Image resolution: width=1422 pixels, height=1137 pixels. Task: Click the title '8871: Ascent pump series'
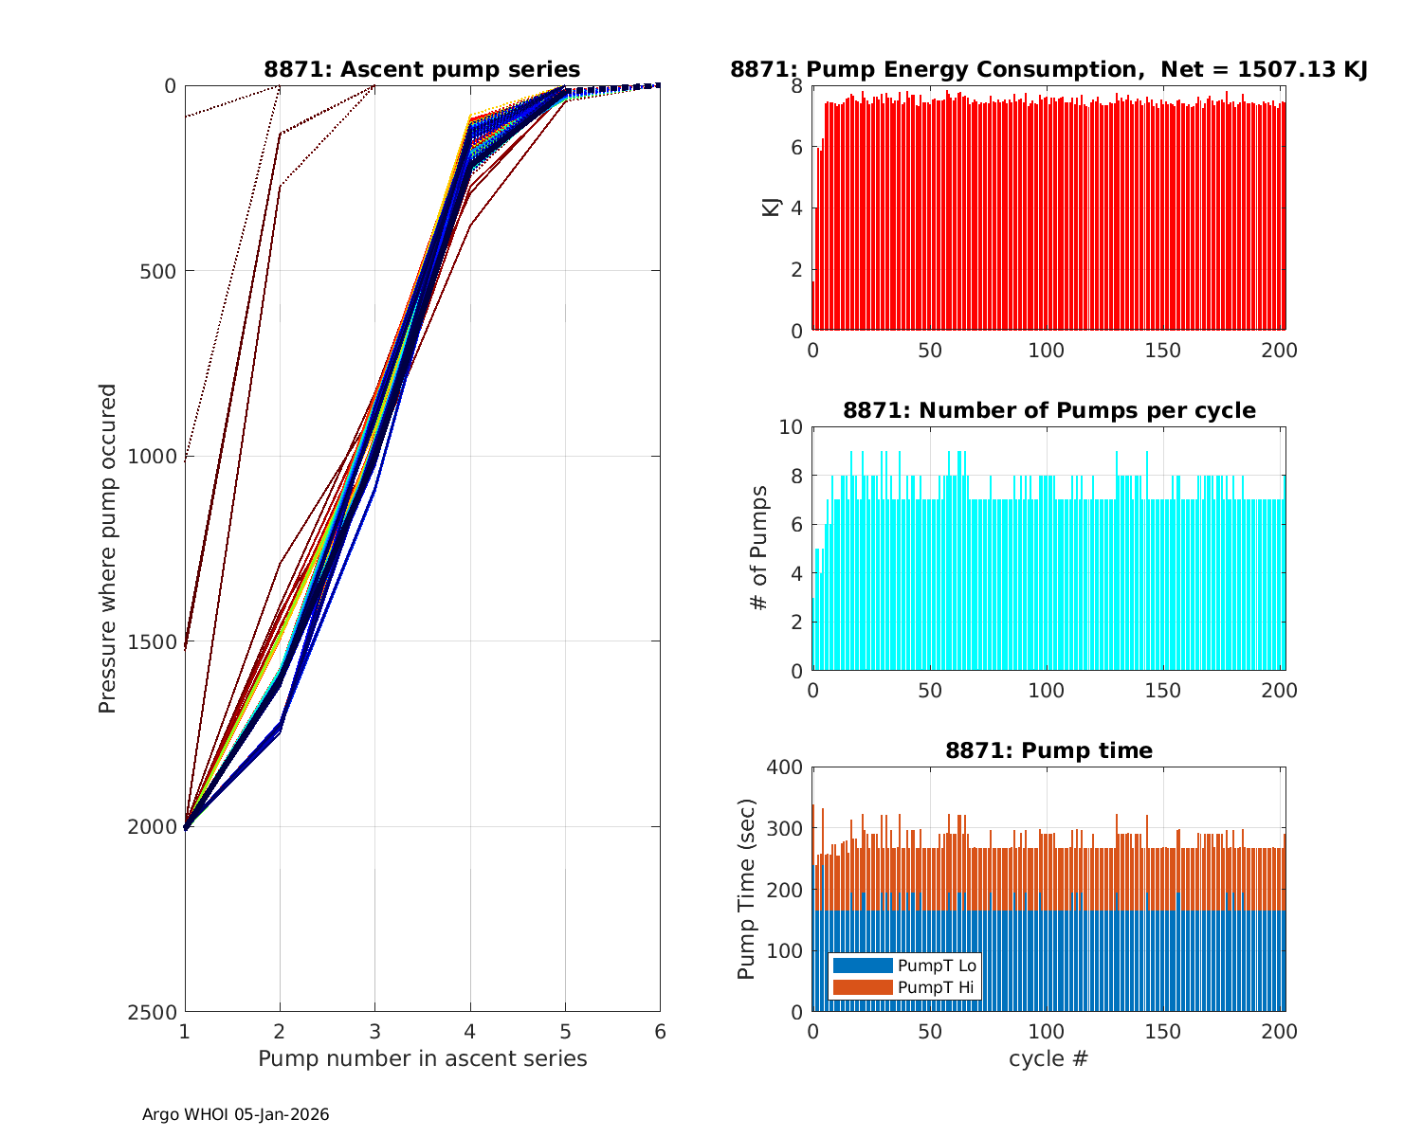(x=422, y=69)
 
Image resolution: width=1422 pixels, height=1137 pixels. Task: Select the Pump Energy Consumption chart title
(x=1048, y=69)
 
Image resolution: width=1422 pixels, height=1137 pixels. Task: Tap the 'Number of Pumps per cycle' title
(x=1048, y=410)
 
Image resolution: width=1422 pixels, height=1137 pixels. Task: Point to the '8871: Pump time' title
(x=1048, y=750)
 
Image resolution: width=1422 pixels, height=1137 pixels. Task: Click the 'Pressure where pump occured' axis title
(x=107, y=549)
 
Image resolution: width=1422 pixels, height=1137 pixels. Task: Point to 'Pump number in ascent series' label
(x=422, y=1058)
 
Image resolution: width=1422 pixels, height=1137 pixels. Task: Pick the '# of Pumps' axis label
(x=759, y=548)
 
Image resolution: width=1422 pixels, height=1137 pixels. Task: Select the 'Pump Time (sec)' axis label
(x=747, y=889)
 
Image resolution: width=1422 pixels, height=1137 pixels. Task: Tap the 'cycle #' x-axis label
(x=1048, y=1058)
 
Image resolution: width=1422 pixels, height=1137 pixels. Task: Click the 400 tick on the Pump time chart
(x=789, y=767)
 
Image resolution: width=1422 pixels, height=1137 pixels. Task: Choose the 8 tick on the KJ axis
(x=796, y=86)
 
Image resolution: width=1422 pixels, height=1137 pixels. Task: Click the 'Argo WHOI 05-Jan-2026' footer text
(x=235, y=1114)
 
